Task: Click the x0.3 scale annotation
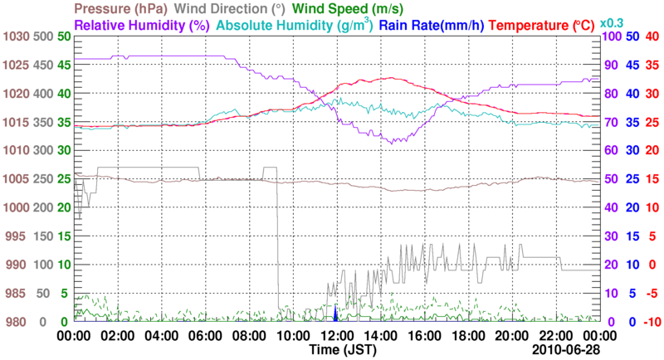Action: (612, 22)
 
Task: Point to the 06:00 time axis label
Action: (205, 336)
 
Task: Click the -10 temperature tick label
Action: (651, 322)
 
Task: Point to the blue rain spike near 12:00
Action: (334, 314)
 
